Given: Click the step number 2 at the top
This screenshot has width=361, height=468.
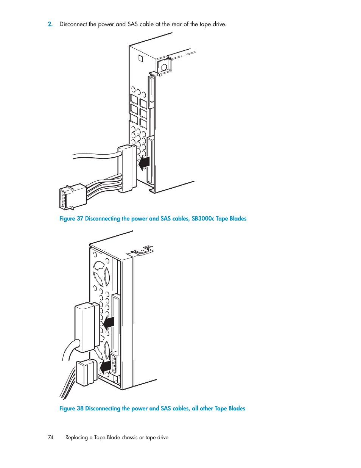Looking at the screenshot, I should (50, 24).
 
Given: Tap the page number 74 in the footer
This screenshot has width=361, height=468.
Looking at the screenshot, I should (51, 437).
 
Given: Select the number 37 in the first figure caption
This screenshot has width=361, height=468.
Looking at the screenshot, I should (80, 219).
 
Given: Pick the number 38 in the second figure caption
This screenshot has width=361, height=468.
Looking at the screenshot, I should (80, 409).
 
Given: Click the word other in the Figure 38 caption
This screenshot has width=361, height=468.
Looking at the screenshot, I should (206, 409).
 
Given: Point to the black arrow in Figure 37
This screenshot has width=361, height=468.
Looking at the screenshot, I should (144, 163).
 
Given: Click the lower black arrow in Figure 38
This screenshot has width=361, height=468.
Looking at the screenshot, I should (106, 366).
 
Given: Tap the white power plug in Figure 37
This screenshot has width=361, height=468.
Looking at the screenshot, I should (72, 196).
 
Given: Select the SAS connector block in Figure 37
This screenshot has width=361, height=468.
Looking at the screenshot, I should (127, 168).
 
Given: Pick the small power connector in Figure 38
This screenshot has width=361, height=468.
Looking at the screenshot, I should (86, 372).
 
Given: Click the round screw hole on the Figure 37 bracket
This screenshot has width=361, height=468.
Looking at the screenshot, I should (164, 67).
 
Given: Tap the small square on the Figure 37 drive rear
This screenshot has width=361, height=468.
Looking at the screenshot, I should (140, 58).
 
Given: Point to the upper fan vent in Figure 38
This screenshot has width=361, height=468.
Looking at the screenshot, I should (101, 273).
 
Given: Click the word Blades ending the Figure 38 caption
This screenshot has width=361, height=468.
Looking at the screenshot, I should (237, 409).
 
